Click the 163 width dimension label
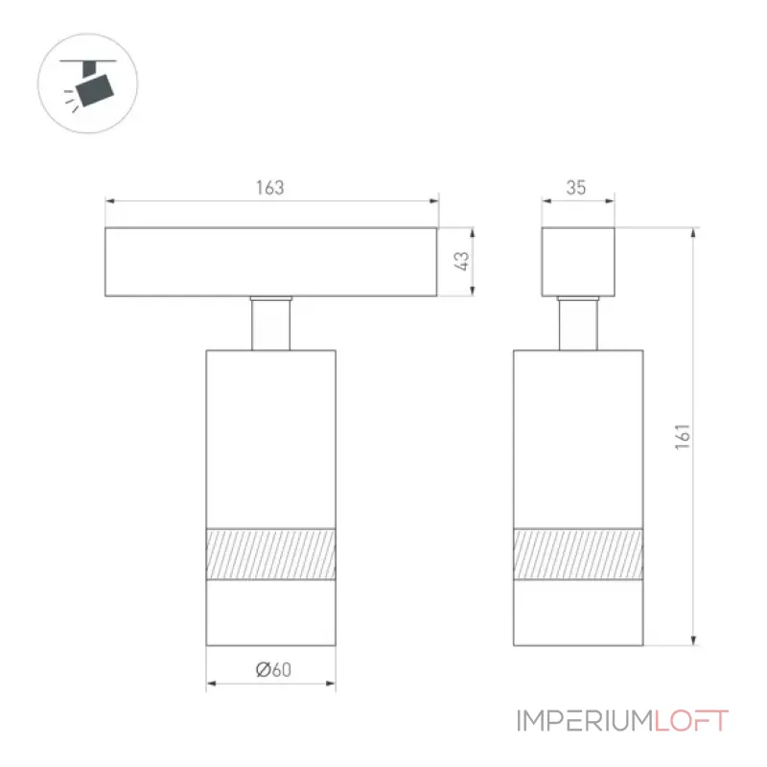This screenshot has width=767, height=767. [x=269, y=187]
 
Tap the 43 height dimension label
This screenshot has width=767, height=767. [x=461, y=261]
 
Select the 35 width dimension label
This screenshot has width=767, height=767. [x=576, y=187]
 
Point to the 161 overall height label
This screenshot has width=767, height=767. [x=683, y=437]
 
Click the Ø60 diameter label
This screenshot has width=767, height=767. [x=273, y=669]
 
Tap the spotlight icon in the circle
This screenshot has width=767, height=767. [x=88, y=83]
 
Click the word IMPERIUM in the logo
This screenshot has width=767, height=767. [x=585, y=721]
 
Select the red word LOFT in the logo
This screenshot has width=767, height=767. [x=691, y=721]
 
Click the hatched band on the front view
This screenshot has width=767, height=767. [x=271, y=554]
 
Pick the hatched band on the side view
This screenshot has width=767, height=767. [x=578, y=554]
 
